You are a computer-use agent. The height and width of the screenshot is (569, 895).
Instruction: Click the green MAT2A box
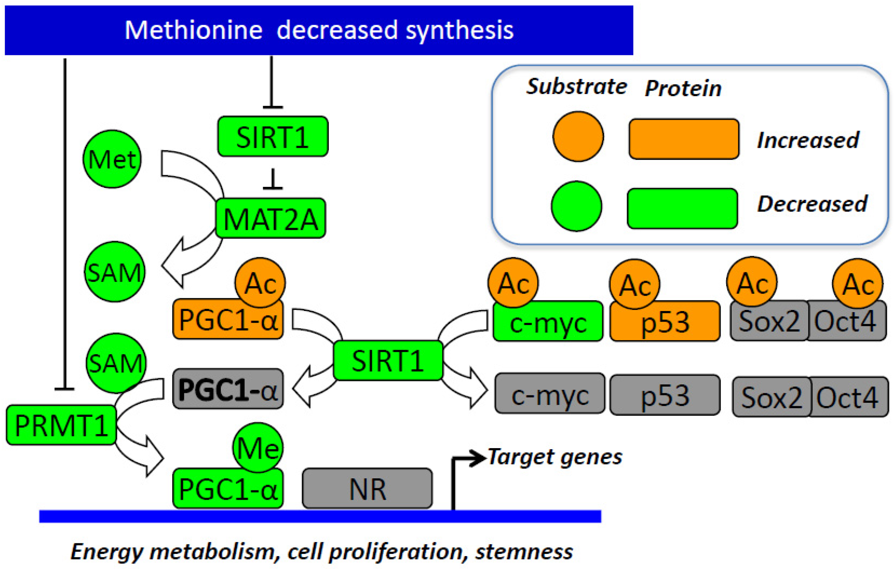point(271,219)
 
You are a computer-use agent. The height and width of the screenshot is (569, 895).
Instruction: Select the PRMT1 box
point(61,425)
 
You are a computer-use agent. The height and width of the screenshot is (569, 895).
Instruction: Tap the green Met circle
point(112,159)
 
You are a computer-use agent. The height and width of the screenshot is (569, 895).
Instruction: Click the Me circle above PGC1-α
point(258,447)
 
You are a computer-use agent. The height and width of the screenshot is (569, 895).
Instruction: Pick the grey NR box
point(367,488)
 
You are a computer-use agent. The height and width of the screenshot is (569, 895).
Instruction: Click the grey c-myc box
point(550,394)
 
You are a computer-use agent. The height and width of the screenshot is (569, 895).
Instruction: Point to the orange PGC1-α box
point(228,320)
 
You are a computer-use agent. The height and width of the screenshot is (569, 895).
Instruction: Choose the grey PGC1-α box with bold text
point(228,389)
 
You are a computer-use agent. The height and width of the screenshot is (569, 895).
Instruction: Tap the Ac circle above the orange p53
point(634,284)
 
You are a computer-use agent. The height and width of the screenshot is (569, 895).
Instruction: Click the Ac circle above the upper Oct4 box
point(858,283)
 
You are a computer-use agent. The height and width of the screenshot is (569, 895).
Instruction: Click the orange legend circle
point(578,136)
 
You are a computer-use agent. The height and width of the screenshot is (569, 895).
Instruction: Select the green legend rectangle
point(682,209)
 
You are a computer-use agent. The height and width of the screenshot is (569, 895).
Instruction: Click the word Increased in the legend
point(808,140)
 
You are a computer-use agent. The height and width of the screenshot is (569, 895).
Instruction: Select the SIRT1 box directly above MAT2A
point(272,136)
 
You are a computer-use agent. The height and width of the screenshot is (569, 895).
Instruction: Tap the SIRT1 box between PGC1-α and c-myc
point(388,360)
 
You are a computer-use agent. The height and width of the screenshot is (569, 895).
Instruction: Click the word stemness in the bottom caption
point(524,552)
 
